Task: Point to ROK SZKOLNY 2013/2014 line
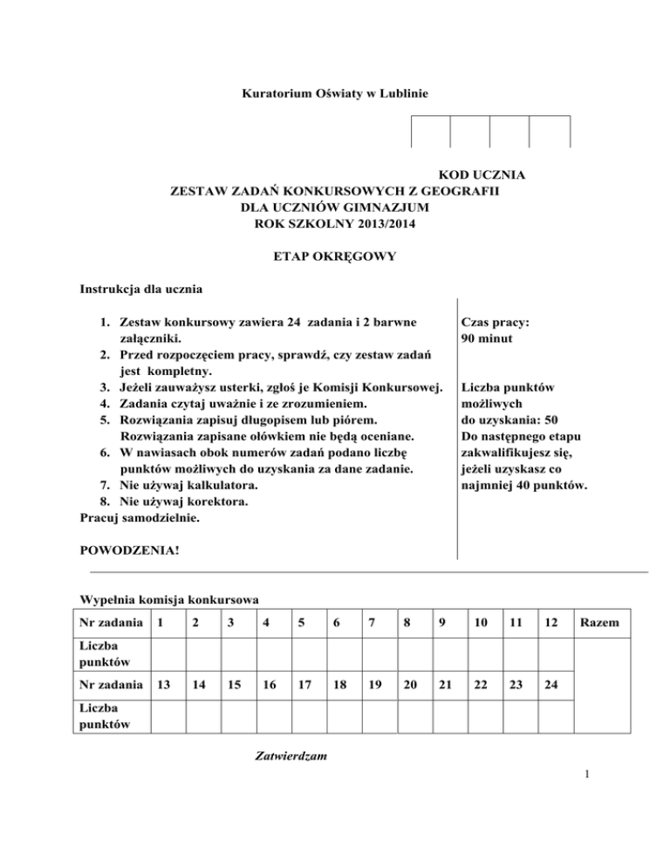335,224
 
